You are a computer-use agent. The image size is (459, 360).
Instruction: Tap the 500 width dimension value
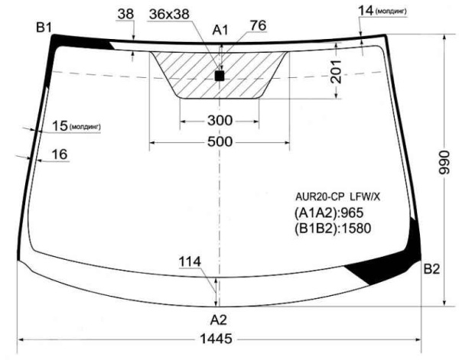coord(219,142)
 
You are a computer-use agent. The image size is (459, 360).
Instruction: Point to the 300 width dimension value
coord(220,121)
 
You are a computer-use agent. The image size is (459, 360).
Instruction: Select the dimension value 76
coord(257,25)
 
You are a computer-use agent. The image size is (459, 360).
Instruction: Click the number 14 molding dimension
coord(365,9)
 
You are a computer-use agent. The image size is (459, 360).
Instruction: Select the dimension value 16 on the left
coord(60,154)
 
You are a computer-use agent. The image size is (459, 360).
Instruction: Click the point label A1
coord(220,30)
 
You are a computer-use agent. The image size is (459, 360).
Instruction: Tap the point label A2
coord(219,319)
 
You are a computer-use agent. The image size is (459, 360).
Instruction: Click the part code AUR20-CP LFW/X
coord(337,196)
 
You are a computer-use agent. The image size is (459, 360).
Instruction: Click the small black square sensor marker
coord(220,76)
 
